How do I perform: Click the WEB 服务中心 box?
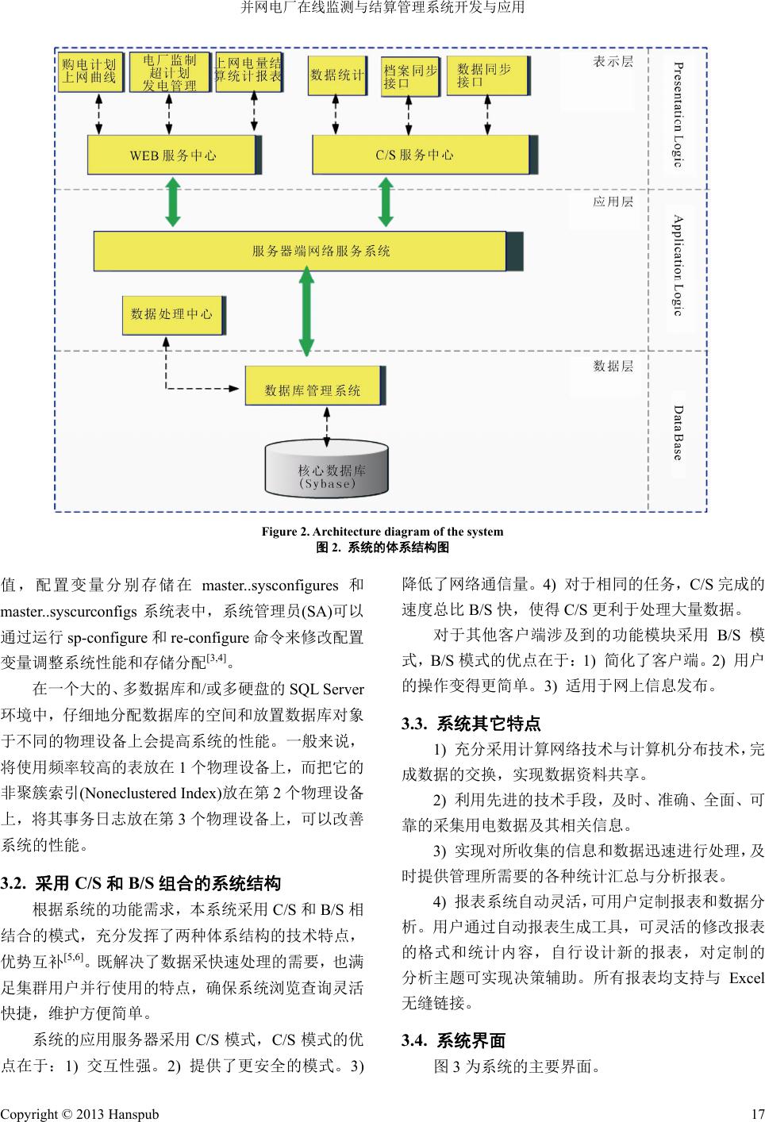tap(172, 156)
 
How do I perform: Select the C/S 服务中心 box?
tap(420, 156)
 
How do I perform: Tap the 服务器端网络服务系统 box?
tap(300, 252)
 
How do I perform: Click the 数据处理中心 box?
tap(172, 314)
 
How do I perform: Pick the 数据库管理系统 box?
tap(313, 390)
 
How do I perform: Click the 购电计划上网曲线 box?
tap(90, 71)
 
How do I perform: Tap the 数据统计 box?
tap(336, 75)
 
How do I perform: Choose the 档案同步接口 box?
tap(409, 75)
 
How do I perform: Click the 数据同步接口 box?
tap(486, 75)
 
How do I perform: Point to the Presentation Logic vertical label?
tap(677, 114)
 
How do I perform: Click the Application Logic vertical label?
tap(677, 264)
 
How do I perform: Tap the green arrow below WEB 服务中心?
tap(172, 202)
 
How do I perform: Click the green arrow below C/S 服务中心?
tap(386, 202)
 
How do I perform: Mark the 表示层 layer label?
tap(613, 62)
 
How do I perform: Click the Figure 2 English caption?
tap(382, 532)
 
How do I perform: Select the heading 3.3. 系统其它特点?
tap(471, 724)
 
